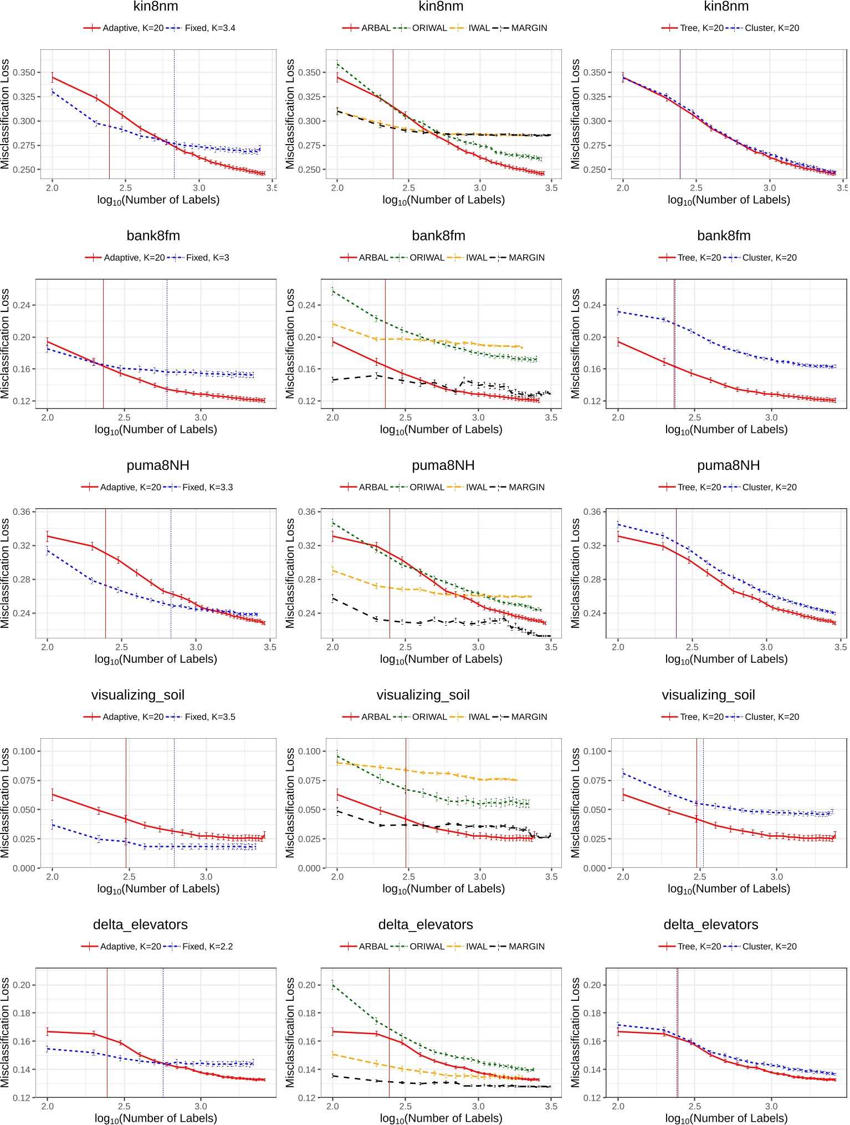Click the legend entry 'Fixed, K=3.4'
point(209,28)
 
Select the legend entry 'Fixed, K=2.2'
point(207,947)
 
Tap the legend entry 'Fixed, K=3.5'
point(209,717)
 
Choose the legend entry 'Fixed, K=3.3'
point(207,487)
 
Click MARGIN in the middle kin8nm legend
point(529,28)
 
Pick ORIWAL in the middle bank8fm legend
point(427,258)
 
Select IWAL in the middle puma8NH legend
point(476,487)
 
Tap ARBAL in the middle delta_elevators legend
point(373,947)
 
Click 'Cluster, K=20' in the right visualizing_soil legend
point(772,717)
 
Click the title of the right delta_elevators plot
point(710,924)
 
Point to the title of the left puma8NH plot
point(158,466)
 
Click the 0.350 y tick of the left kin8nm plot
point(24,73)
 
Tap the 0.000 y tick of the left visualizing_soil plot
point(24,868)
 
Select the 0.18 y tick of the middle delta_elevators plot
point(309,1013)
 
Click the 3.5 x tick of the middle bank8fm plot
point(551,417)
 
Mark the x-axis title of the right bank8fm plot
point(726,429)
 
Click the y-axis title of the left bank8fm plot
point(6,344)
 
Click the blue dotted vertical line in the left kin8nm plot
point(174,111)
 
